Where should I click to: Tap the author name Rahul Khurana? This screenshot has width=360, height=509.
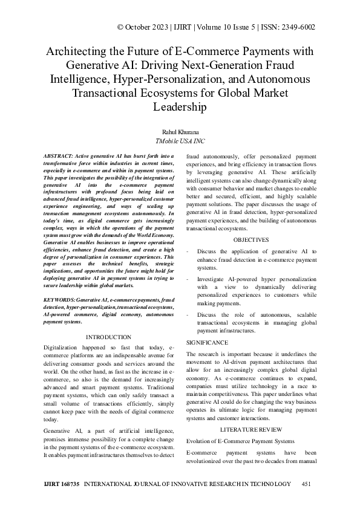coord(180,131)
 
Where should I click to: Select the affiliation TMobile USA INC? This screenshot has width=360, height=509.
coord(180,141)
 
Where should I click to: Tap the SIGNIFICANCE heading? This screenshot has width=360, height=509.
coord(208,342)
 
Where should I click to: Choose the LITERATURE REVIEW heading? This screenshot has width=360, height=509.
coord(250,429)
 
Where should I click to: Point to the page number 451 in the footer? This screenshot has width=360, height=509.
coord(306,484)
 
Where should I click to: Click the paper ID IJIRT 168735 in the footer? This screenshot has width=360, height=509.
coord(62,484)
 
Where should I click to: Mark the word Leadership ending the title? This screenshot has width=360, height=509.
coord(180,107)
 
